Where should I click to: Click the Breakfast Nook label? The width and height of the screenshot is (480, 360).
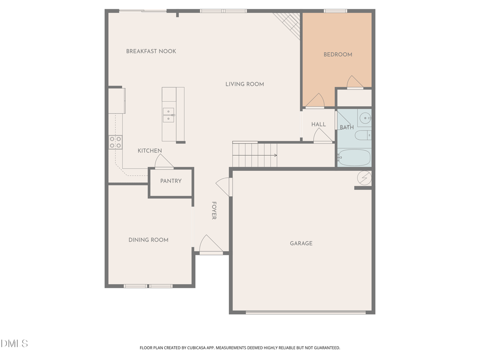click(x=151, y=51)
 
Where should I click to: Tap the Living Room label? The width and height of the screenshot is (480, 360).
click(x=244, y=84)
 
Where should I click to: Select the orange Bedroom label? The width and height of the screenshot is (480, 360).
click(x=338, y=54)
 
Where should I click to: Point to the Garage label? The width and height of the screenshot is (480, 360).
click(x=301, y=243)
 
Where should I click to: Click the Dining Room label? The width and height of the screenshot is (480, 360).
click(x=148, y=240)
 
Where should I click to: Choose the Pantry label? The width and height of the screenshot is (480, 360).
click(x=171, y=181)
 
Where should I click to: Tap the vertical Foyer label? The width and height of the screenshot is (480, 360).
click(x=214, y=210)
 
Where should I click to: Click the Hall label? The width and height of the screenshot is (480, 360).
click(x=318, y=124)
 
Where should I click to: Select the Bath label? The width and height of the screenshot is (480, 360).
click(x=347, y=127)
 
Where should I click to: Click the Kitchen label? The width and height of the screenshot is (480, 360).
click(x=149, y=151)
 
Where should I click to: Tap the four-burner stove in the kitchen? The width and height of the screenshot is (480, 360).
click(x=115, y=142)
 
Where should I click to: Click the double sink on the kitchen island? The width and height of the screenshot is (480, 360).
click(x=168, y=115)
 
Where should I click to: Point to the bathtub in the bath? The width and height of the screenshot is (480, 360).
click(x=354, y=157)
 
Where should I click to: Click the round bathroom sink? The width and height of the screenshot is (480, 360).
click(x=365, y=118)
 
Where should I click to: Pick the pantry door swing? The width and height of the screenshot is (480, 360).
click(x=163, y=162)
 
